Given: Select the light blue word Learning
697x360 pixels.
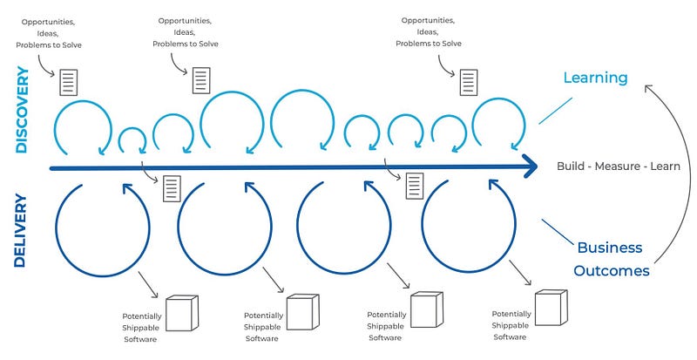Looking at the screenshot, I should pos(595,78).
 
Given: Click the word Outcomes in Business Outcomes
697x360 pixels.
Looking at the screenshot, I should pos(611,270).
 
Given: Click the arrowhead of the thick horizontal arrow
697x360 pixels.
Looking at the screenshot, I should pos(528,167).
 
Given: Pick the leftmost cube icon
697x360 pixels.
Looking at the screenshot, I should pos(181,313).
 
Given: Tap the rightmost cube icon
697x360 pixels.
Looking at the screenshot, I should pos(551,308).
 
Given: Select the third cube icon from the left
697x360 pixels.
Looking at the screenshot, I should pos(427,309).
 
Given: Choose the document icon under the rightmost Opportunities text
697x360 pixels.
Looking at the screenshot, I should pos(469,82).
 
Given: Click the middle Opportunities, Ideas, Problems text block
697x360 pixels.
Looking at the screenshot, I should pos(186,31).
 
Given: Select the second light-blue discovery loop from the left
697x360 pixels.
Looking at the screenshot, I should pos(132,140).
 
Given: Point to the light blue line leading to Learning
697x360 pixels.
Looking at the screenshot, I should pos(555,111).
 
